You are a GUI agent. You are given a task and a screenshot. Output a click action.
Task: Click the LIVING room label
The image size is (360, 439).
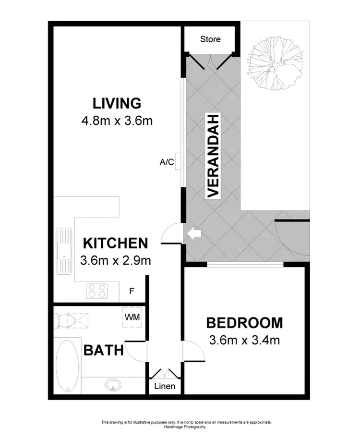117,103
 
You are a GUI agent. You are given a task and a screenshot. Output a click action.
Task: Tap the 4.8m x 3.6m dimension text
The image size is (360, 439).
117,121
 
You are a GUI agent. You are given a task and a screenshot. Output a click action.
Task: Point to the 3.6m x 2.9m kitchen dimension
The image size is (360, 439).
116,261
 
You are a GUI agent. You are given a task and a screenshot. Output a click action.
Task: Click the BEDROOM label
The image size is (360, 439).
244,323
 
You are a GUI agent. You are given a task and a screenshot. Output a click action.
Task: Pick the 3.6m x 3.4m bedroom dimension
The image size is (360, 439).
244,341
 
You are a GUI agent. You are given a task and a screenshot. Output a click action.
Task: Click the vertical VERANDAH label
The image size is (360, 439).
213,156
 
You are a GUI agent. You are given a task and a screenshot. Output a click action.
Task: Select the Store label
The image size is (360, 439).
210,39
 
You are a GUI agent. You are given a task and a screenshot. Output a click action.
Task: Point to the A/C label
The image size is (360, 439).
167,162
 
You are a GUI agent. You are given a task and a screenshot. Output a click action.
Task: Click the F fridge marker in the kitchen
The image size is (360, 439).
132,291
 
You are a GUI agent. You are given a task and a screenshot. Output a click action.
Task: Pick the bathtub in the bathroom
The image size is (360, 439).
66,366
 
